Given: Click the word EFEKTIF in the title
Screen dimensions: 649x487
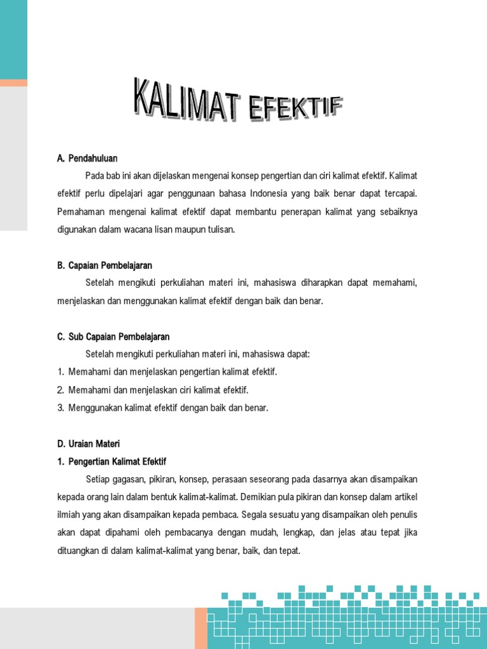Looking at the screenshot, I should [x=295, y=110].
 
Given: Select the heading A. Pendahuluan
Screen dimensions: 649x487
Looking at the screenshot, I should [x=88, y=158].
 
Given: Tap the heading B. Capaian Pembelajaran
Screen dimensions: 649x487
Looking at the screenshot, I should [x=105, y=265].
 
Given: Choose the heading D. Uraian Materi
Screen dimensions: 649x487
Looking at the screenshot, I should [x=88, y=444].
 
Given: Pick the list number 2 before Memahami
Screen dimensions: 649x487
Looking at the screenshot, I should [x=61, y=390].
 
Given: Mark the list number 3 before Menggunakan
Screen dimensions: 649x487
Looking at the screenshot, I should [x=61, y=408].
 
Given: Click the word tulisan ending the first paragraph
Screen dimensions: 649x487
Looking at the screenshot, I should [x=220, y=229].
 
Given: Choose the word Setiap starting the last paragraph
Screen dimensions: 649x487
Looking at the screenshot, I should [x=98, y=478].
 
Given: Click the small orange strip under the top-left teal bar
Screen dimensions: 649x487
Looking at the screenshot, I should [x=13, y=83].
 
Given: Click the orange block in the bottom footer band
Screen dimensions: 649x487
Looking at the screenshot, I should [x=201, y=628].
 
